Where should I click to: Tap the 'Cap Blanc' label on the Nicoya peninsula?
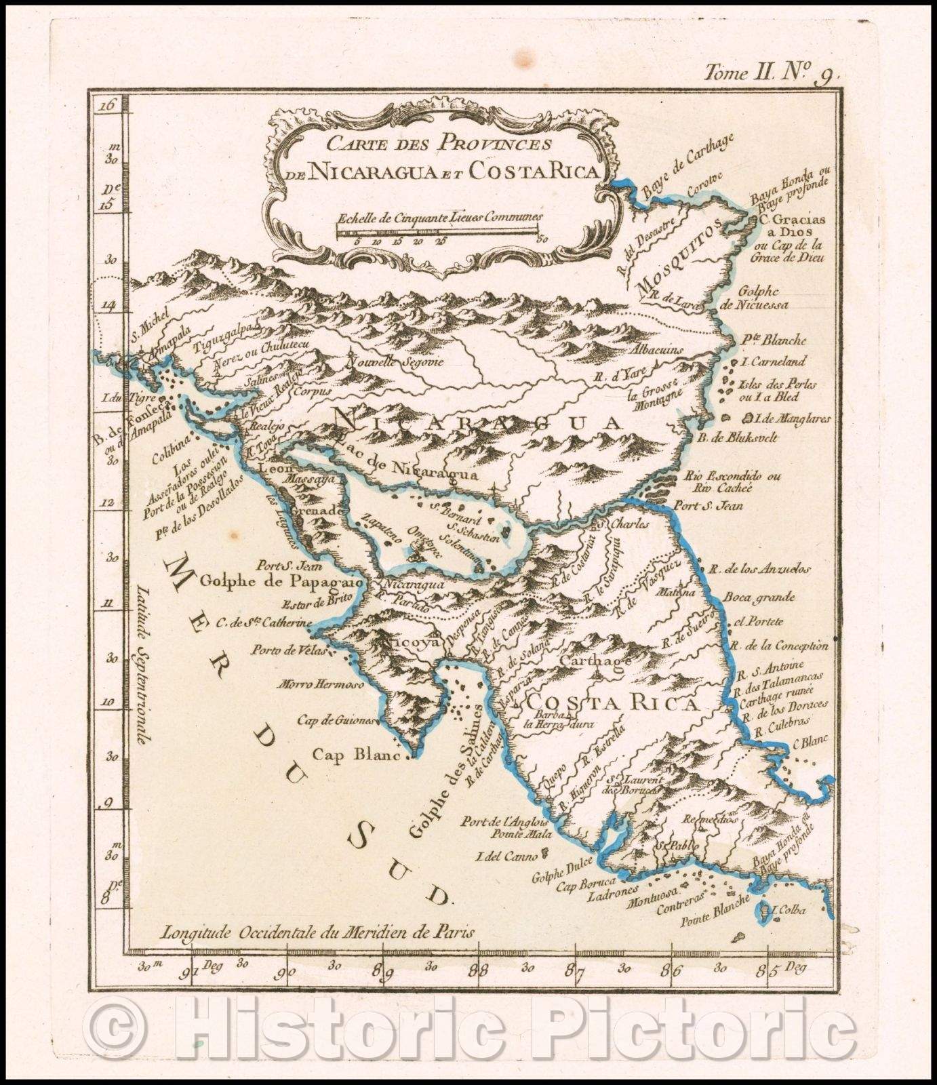pyautogui.click(x=353, y=753)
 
